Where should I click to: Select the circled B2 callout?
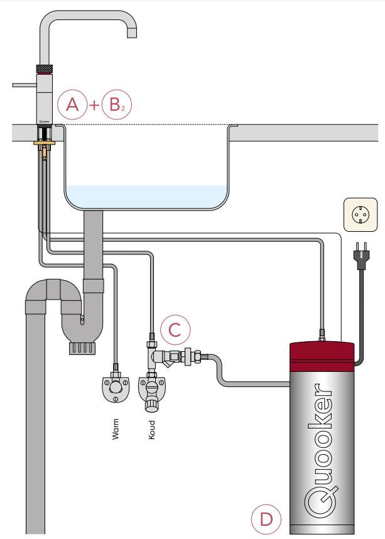(117, 106)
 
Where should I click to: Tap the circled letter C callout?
(175, 329)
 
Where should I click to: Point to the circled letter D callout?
(267, 518)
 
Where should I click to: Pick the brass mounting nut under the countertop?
(45, 145)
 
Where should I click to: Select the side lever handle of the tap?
(23, 83)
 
